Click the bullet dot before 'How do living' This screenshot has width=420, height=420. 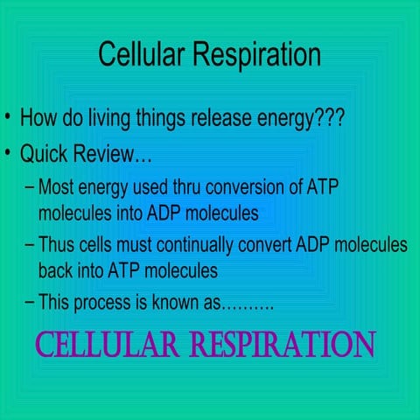8,117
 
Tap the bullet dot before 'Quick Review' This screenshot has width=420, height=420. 8,157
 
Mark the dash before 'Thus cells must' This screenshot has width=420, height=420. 31,246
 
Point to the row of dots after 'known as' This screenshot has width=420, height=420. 248,307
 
